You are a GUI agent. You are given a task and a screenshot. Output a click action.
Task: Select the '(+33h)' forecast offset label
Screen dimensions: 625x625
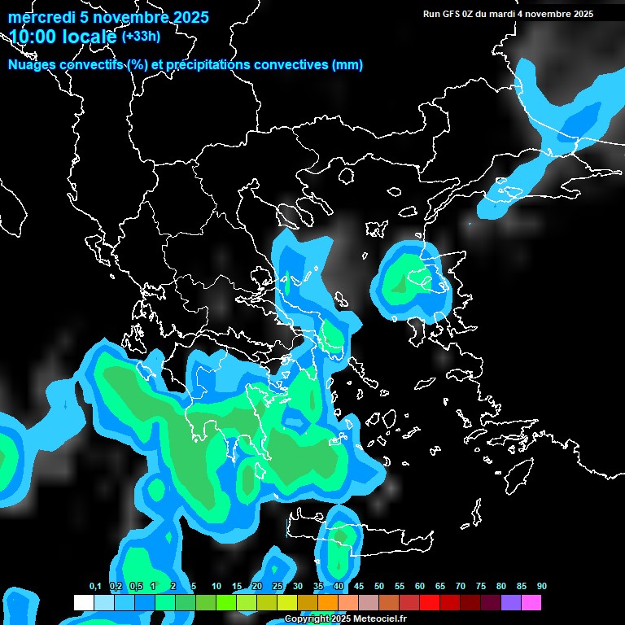[x=141, y=36]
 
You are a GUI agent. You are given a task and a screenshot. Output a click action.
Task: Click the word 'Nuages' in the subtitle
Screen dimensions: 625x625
[x=33, y=65]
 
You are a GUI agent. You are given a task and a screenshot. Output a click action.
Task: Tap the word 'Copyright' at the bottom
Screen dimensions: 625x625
[x=306, y=619]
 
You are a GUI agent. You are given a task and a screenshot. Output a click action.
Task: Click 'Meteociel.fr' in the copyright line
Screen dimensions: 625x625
[x=380, y=619]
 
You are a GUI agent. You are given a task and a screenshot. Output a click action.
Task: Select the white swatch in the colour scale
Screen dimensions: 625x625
[x=84, y=603]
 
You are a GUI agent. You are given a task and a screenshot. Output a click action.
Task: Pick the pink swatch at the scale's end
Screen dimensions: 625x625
[x=531, y=603]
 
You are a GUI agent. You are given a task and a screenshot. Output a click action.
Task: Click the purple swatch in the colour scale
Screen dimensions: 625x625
[x=511, y=603]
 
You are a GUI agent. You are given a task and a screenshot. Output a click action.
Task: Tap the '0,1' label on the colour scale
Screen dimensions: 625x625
[x=95, y=587]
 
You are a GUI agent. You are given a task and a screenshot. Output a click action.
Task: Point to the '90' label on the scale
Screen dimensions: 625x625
[x=542, y=587]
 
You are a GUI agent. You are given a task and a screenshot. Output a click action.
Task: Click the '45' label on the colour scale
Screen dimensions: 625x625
[x=359, y=587]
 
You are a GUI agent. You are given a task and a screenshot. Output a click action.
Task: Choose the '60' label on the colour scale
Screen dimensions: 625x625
[x=420, y=587]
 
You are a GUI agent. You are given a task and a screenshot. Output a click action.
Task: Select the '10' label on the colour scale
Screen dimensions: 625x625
[x=216, y=587]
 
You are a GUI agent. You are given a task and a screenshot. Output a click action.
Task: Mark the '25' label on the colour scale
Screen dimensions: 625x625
[x=278, y=587]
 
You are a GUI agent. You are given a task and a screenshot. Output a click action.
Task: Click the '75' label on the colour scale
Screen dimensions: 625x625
[x=481, y=587]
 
